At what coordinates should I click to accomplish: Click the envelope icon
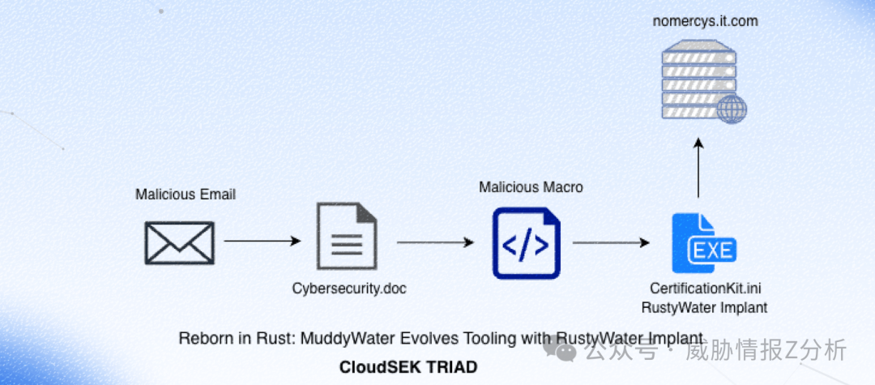point(179,242)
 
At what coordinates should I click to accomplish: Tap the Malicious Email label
point(186,195)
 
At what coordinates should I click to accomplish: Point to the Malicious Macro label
point(531,188)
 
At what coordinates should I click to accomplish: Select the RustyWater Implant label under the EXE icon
point(704,308)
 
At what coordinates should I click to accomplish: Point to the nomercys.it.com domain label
point(706,21)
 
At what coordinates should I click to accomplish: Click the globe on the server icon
point(732,109)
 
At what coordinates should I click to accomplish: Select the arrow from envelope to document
point(262,241)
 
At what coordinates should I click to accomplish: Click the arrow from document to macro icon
point(435,242)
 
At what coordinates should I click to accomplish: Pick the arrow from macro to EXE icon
point(612,242)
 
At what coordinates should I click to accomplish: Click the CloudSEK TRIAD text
point(408,367)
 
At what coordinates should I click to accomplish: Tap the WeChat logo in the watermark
point(561,351)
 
